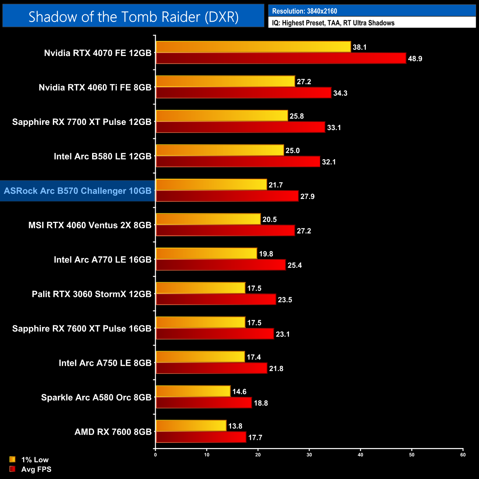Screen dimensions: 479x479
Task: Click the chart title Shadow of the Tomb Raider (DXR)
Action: click(x=133, y=17)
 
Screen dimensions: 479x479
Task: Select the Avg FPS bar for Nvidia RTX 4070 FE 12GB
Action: click(x=281, y=58)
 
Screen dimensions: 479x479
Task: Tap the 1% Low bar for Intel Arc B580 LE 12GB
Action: click(x=220, y=150)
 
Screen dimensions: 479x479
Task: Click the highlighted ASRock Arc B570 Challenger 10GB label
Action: click(x=78, y=191)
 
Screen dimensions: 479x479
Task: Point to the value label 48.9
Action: click(x=415, y=59)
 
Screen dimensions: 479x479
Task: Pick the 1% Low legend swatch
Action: click(x=13, y=459)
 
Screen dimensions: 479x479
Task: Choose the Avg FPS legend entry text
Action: click(x=36, y=469)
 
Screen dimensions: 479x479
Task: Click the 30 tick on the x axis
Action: click(x=309, y=455)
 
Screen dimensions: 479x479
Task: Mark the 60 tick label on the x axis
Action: click(x=463, y=455)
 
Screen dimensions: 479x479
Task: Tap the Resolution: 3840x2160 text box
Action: click(x=372, y=11)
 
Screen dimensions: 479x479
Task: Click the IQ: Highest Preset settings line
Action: click(x=372, y=23)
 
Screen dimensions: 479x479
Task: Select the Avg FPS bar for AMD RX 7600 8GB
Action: click(x=201, y=437)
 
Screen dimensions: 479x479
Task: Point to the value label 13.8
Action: click(x=235, y=426)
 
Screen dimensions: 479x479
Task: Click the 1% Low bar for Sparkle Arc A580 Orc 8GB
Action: click(x=193, y=391)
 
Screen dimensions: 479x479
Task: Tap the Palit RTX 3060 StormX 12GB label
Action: click(x=92, y=294)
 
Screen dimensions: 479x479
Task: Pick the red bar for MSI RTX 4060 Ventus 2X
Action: click(x=225, y=231)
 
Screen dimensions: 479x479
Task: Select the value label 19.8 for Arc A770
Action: click(x=266, y=254)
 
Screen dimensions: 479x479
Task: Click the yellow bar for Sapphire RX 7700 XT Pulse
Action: click(x=221, y=116)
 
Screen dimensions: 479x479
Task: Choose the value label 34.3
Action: click(x=340, y=93)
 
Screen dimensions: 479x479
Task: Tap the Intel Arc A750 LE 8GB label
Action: click(x=105, y=363)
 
